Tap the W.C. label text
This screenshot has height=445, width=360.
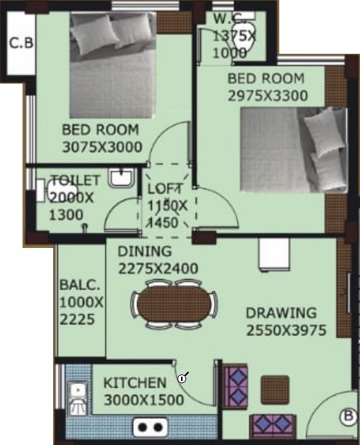coord(226,18)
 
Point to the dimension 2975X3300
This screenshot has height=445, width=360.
coord(267,95)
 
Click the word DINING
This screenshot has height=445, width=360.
coord(145,252)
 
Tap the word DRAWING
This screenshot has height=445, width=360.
coord(281,313)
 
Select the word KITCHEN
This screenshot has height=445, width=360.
coord(135,383)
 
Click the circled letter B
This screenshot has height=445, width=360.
coord(348,417)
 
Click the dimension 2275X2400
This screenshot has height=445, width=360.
coord(158,268)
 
